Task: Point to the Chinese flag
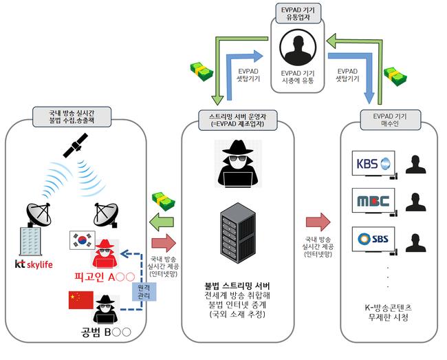click(80, 300)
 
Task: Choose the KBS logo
click(372, 165)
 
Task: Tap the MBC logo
click(372, 202)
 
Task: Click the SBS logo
click(372, 239)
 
